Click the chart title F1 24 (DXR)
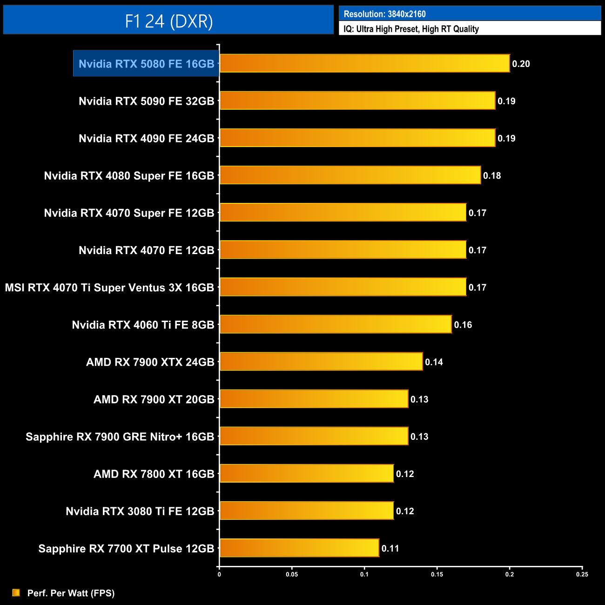168,21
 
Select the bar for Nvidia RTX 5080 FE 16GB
364,63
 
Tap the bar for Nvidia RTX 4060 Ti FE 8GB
335,324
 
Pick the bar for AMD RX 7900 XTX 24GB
321,362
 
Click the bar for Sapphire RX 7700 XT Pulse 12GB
299,548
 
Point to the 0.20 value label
521,64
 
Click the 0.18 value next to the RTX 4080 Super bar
492,175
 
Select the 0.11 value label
390,548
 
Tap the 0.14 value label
434,362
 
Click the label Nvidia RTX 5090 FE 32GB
146,101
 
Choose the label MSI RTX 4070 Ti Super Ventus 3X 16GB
109,288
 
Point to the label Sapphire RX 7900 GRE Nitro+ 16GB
120,437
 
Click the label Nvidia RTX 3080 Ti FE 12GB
140,511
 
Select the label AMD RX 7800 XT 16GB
154,474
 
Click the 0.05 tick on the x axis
292,574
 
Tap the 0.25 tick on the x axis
582,574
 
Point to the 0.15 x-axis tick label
437,574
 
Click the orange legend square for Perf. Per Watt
16,592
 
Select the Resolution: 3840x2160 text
384,14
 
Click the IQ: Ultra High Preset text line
411,29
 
